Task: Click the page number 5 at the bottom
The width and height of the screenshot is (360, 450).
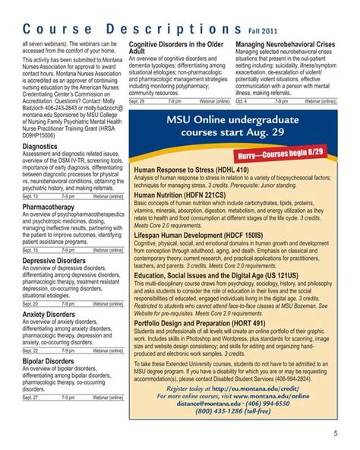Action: point(335,435)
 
